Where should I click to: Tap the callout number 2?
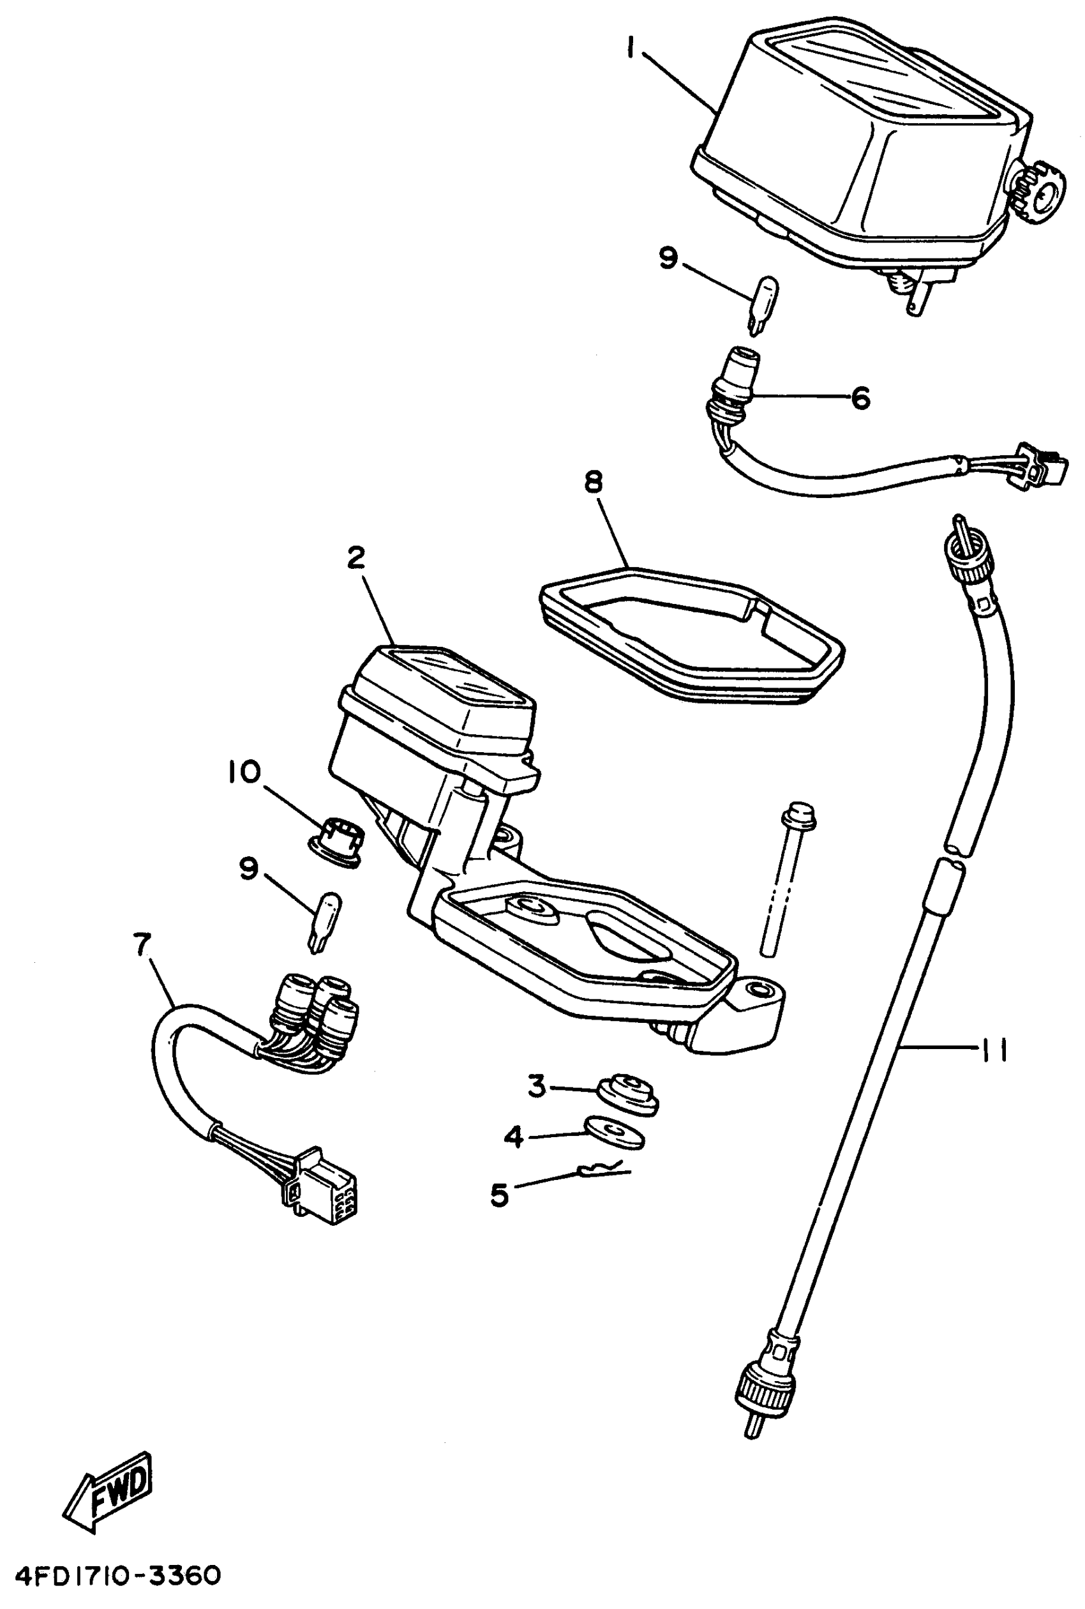[355, 558]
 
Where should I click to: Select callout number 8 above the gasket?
[594, 481]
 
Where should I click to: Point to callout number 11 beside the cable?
[994, 1050]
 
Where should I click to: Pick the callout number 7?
[142, 944]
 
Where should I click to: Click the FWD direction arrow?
[109, 1483]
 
